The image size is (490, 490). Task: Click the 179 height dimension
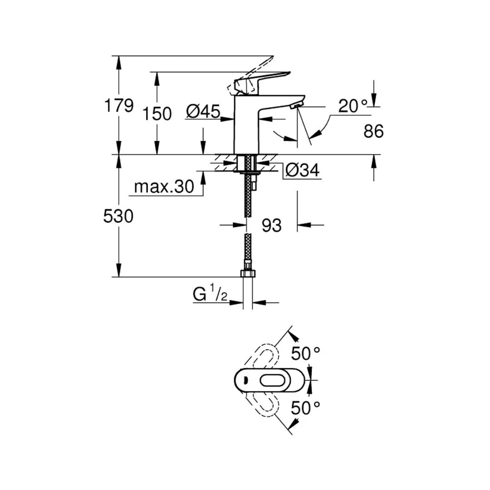pyautogui.click(x=119, y=106)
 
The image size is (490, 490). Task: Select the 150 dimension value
pyautogui.click(x=157, y=113)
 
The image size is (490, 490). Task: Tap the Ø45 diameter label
pyautogui.click(x=203, y=111)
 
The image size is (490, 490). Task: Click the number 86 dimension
pyautogui.click(x=373, y=132)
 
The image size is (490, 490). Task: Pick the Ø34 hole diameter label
pyautogui.click(x=303, y=171)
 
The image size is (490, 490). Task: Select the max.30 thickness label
pyautogui.click(x=164, y=186)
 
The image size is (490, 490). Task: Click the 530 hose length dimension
pyautogui.click(x=118, y=216)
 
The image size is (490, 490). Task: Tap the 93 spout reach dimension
pyautogui.click(x=271, y=225)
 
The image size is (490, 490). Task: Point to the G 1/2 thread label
pyautogui.click(x=210, y=295)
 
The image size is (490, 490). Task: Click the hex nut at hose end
pyautogui.click(x=248, y=274)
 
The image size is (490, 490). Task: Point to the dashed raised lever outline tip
pyautogui.click(x=268, y=59)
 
